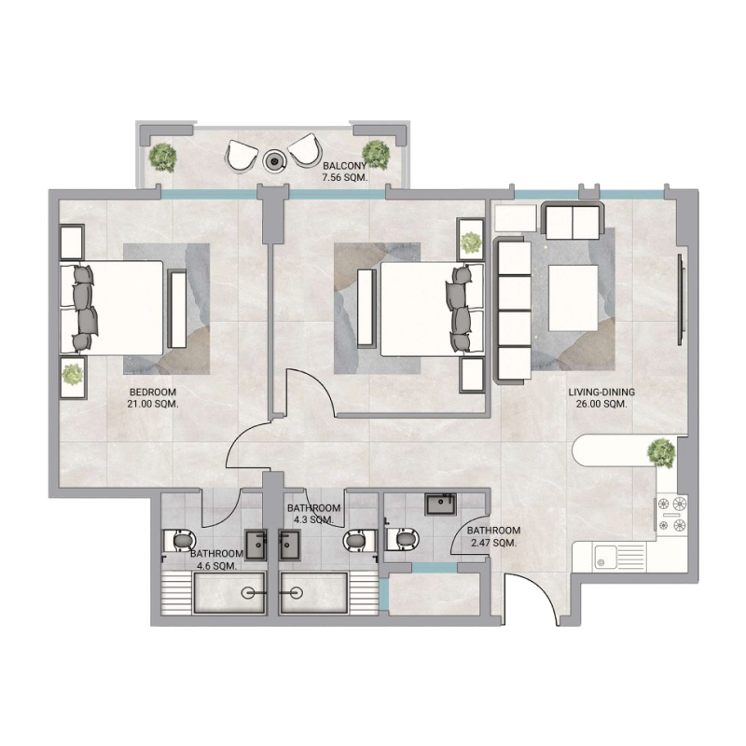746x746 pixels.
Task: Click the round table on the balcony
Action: coord(274,160)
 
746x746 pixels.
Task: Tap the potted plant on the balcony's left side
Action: coord(163,156)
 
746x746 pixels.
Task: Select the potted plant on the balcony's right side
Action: coord(376,153)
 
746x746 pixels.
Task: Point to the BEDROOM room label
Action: coord(153,392)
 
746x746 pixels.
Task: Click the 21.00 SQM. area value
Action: coord(153,405)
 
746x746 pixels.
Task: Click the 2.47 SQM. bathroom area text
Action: coord(491,542)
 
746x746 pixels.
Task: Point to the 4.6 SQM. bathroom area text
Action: coord(214,565)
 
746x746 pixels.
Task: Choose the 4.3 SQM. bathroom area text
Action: coord(313,519)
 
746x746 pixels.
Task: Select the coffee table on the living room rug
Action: coord(573,297)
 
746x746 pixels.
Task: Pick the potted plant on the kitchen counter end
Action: coord(660,452)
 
